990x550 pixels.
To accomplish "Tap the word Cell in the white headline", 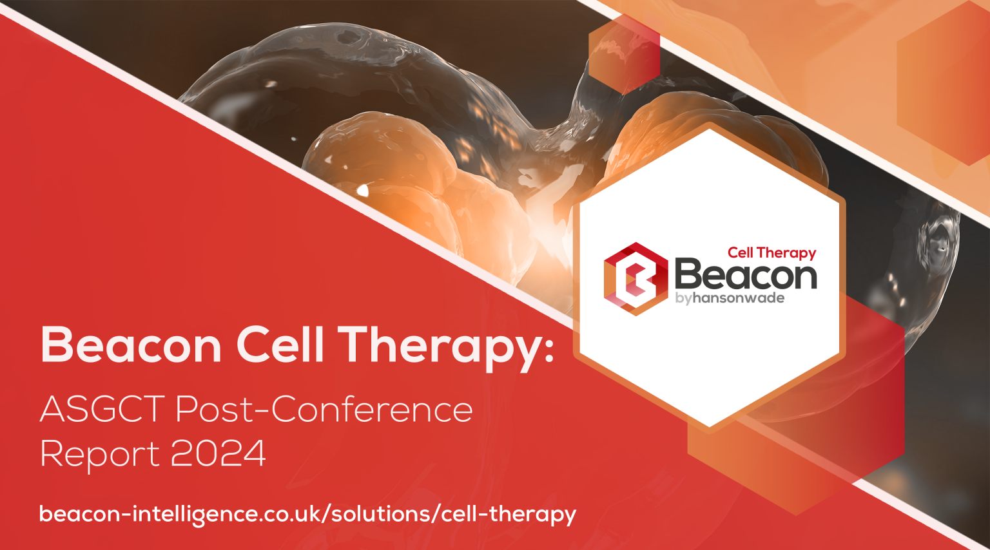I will click(x=280, y=345).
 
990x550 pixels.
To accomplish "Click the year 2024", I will click(x=218, y=453).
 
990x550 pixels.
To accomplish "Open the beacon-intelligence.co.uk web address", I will click(x=307, y=514).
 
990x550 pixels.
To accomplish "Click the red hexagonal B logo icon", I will click(x=635, y=278).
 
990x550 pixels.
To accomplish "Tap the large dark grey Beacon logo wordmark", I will click(x=745, y=275).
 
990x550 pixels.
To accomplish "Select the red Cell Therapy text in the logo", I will click(x=772, y=252).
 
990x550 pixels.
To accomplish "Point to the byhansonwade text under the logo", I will click(x=730, y=298).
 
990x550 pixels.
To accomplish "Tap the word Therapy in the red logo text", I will click(x=786, y=253).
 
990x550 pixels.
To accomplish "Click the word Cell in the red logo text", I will click(x=741, y=252).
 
